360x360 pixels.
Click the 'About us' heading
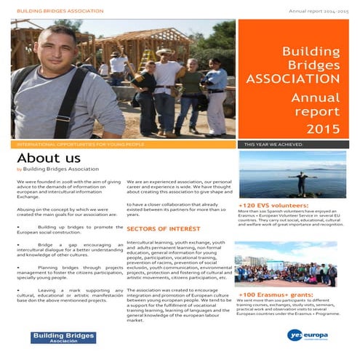pos(48,158)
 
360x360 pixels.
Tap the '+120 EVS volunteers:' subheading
pos(273,206)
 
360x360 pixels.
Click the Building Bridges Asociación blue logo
pos(63,337)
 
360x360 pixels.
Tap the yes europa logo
pos(309,335)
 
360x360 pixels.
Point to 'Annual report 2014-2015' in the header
pos(318,12)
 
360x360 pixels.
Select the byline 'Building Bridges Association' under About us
pos(61,169)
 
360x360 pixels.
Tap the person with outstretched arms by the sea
pos(299,183)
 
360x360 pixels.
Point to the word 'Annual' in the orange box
pos(315,97)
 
